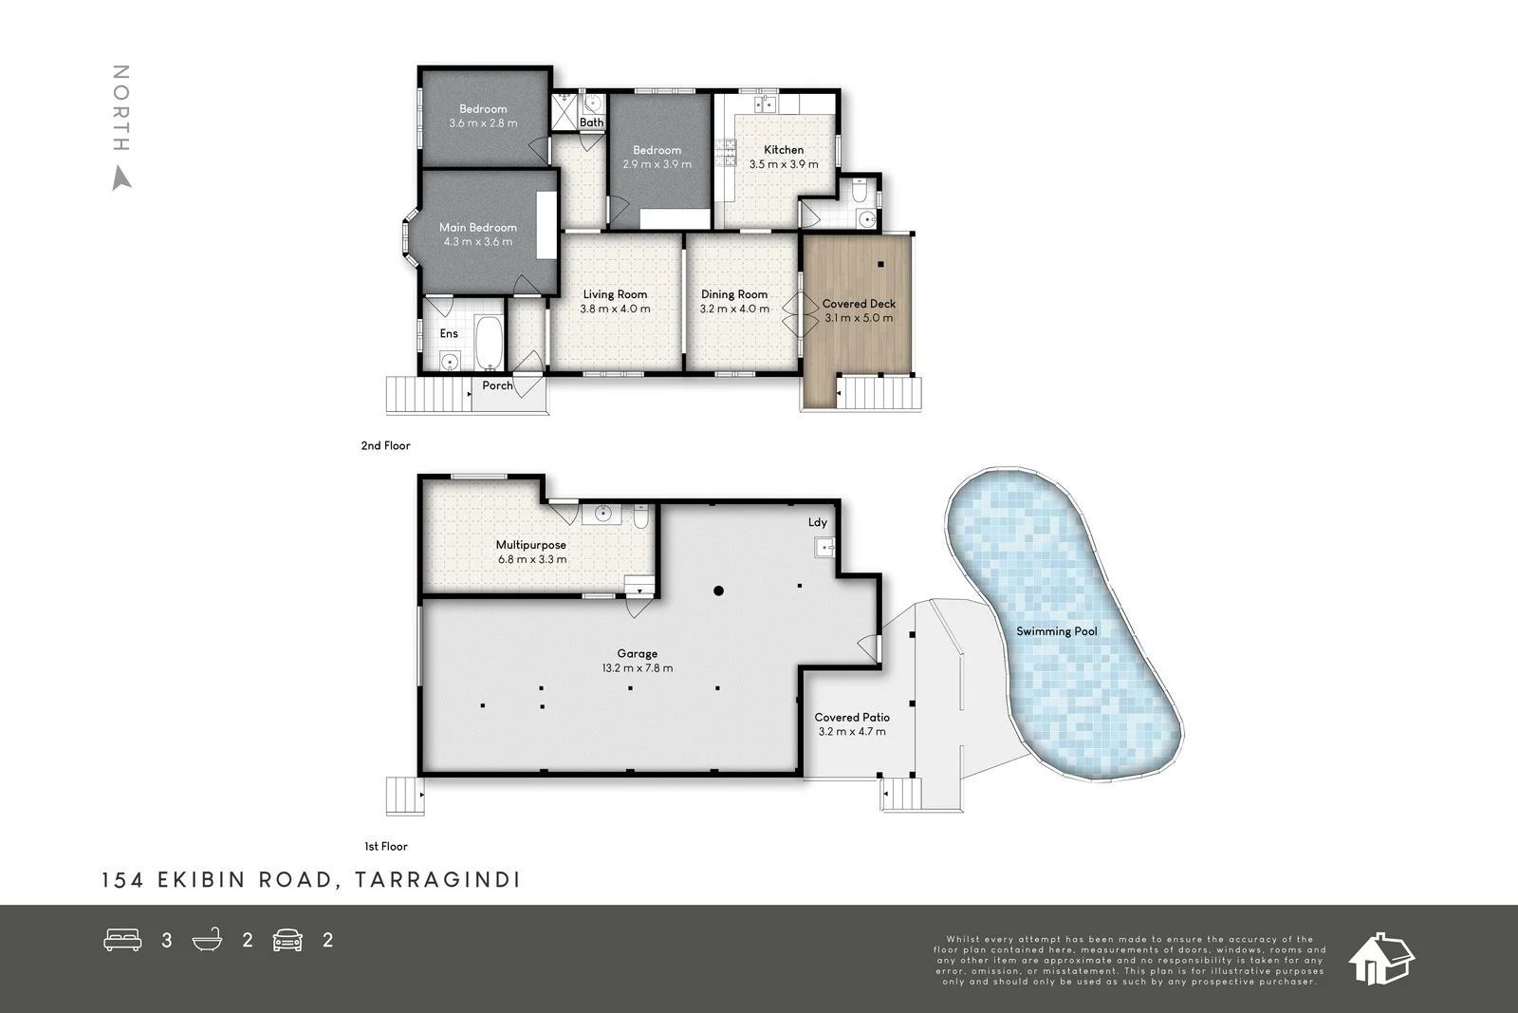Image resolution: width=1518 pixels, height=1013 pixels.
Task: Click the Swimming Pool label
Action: coord(1056,631)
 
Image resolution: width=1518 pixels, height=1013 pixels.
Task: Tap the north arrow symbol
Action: coord(121,178)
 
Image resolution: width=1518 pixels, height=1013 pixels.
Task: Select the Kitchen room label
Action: coord(784,150)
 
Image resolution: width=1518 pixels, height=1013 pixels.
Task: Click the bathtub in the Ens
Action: coord(490,343)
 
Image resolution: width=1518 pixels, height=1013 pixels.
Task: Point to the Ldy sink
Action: coord(824,547)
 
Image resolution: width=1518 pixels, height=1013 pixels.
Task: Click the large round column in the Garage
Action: coord(719,591)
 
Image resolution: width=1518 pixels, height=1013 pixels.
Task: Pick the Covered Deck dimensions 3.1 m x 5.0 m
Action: coord(859,318)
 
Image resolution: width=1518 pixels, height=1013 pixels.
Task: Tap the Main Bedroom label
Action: coord(478,228)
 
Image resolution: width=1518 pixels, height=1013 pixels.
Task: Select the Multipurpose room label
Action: coord(531,545)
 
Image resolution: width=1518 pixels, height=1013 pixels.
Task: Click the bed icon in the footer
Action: coord(122,940)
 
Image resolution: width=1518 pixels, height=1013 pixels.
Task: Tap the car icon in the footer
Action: coord(287,940)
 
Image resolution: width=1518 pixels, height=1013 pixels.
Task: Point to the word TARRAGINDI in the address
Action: coord(437,880)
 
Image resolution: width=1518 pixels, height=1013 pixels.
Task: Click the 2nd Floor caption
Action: coord(385,445)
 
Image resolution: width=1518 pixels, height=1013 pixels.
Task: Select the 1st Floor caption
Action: coord(386,846)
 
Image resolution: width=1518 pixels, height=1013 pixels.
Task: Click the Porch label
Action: coord(497,385)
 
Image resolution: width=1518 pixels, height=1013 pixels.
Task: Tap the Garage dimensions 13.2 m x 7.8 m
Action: coord(637,668)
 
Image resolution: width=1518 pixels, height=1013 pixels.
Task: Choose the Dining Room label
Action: coord(734,294)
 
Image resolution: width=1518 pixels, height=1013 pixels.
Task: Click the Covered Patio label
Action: coord(852,718)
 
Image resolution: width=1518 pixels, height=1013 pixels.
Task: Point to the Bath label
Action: coord(591,122)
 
